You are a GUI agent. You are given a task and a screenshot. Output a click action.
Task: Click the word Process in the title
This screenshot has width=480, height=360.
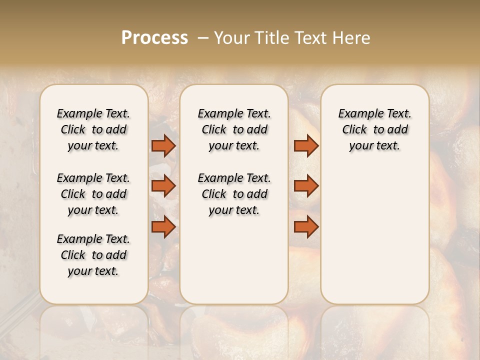(x=154, y=38)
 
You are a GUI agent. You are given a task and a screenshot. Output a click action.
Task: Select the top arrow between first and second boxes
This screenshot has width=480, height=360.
(x=163, y=145)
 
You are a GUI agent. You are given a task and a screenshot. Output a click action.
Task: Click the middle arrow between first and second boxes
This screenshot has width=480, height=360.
(x=163, y=186)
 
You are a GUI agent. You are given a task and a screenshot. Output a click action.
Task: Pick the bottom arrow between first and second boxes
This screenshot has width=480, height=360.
(x=163, y=227)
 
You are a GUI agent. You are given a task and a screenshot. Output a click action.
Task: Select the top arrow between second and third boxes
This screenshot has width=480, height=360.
(x=306, y=145)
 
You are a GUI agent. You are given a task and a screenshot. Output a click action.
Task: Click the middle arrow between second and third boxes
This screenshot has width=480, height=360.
(x=306, y=186)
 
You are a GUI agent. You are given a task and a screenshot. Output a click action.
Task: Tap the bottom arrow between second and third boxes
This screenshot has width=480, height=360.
(x=306, y=227)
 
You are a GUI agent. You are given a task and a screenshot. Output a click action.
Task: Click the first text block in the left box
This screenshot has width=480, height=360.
(x=93, y=129)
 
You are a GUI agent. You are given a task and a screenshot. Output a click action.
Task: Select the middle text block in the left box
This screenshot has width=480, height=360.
(x=93, y=194)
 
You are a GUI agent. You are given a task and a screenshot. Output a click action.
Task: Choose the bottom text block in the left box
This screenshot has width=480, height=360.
(x=93, y=255)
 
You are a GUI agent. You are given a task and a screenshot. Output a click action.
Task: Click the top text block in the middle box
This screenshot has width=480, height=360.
(x=234, y=129)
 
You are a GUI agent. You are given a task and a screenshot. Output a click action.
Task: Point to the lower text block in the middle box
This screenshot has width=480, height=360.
(x=234, y=194)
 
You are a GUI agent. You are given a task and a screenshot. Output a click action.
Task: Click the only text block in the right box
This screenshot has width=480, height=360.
(x=374, y=129)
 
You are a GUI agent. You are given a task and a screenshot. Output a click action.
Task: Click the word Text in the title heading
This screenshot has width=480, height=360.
(x=312, y=38)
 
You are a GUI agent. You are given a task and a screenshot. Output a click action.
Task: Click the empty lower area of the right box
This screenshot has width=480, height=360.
(x=374, y=235)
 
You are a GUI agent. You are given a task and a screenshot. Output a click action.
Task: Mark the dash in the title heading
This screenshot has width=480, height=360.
(x=203, y=38)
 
